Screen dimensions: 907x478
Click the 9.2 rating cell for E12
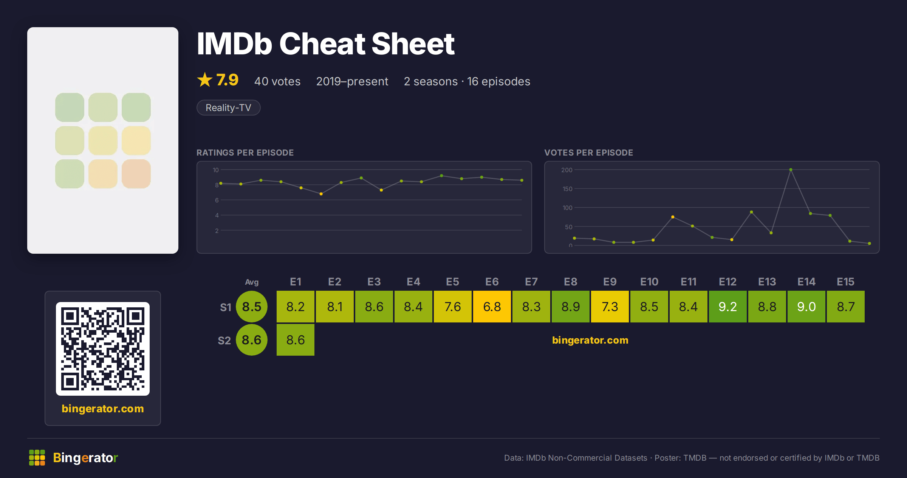tap(727, 307)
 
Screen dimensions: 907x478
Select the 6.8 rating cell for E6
tap(492, 307)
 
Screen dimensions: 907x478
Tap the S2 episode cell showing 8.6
tap(295, 340)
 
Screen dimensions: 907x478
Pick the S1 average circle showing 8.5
tap(252, 307)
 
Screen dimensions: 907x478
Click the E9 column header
tap(610, 282)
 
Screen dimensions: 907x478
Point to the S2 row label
tap(224, 341)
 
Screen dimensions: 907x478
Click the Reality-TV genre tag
tap(228, 108)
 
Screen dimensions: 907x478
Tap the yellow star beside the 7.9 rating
tap(205, 80)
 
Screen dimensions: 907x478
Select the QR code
tap(103, 349)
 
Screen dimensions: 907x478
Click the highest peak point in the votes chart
tap(791, 170)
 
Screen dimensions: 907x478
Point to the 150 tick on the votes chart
tap(567, 189)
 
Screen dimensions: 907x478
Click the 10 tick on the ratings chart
tap(215, 170)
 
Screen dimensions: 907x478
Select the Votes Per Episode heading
tap(588, 153)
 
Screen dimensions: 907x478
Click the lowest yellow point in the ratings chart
tap(321, 194)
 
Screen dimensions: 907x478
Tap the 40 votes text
tap(277, 81)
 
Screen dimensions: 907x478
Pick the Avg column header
tap(252, 282)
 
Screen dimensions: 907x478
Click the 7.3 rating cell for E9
tap(610, 307)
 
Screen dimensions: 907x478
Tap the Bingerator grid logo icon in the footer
tap(37, 458)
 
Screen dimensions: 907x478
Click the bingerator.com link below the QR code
tap(103, 409)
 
